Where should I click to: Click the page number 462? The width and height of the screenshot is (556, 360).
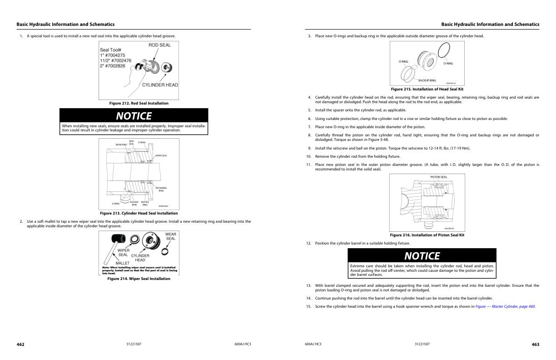20,345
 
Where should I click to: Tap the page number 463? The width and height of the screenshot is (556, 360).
535,345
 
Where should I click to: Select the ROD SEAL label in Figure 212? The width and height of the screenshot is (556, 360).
159,45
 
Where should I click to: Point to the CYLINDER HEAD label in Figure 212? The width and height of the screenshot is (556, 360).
160,85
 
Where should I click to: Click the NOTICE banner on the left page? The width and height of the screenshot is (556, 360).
134,116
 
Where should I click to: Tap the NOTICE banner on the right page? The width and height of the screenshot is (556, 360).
422,256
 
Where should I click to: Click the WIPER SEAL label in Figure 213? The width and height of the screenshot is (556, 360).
161,155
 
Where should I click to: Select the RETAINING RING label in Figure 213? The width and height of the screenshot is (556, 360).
161,189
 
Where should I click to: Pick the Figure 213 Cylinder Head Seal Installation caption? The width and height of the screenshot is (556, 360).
139,213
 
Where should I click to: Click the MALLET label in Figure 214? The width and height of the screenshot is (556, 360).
123,263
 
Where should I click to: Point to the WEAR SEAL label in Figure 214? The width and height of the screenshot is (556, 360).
171,236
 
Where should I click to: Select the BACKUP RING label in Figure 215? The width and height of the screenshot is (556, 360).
427,80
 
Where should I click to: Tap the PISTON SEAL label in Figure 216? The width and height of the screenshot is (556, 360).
438,177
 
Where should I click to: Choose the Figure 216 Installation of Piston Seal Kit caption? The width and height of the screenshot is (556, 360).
427,235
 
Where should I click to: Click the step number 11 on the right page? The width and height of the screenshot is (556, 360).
308,165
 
